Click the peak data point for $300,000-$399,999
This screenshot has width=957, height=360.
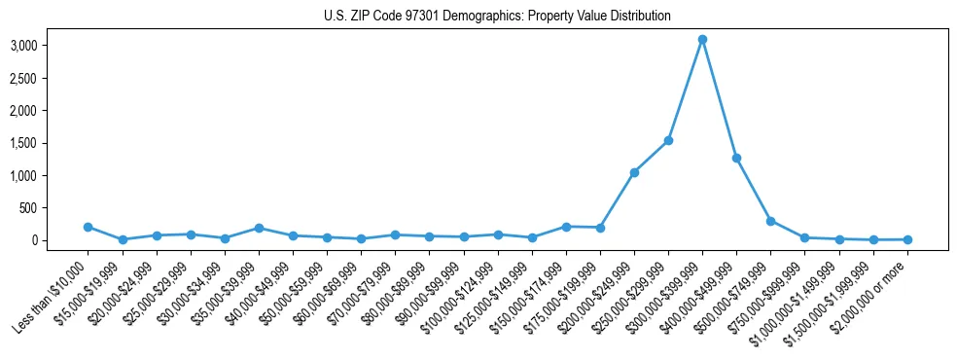click(x=702, y=40)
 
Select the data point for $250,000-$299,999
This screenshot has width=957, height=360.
click(x=668, y=141)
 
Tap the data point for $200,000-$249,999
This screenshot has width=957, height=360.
click(x=634, y=172)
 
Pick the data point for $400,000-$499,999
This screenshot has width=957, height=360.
click(x=736, y=158)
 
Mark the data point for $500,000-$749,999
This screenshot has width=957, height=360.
click(x=770, y=221)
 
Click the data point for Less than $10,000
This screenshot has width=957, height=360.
click(x=89, y=227)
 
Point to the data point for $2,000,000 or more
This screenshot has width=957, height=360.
click(x=906, y=239)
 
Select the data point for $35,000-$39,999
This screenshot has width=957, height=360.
click(x=259, y=228)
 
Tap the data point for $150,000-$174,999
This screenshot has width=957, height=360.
click(x=566, y=227)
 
